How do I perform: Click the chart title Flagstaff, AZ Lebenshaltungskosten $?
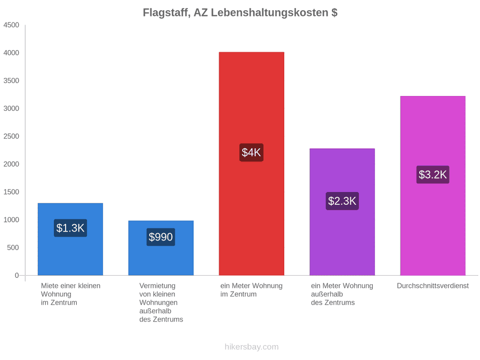(240, 13)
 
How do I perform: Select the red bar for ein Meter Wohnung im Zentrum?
(251, 164)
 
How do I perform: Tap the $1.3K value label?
(70, 228)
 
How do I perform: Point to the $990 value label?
(161, 237)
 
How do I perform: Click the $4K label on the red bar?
(251, 153)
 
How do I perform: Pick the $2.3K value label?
(342, 201)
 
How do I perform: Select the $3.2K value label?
(433, 174)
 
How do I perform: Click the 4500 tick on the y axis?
(11, 25)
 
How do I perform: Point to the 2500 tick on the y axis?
(11, 136)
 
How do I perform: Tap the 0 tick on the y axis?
(17, 275)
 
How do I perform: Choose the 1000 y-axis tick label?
(11, 220)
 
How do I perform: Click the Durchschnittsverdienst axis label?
(433, 286)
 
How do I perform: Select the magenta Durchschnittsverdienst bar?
(433, 186)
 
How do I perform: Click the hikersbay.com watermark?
(252, 347)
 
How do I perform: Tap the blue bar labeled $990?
(161, 248)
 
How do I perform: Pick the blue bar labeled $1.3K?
(70, 239)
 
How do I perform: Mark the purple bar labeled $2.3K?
(342, 212)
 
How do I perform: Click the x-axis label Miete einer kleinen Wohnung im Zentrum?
(71, 294)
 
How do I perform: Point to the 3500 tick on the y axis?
(11, 81)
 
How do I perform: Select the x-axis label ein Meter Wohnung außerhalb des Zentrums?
(342, 294)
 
